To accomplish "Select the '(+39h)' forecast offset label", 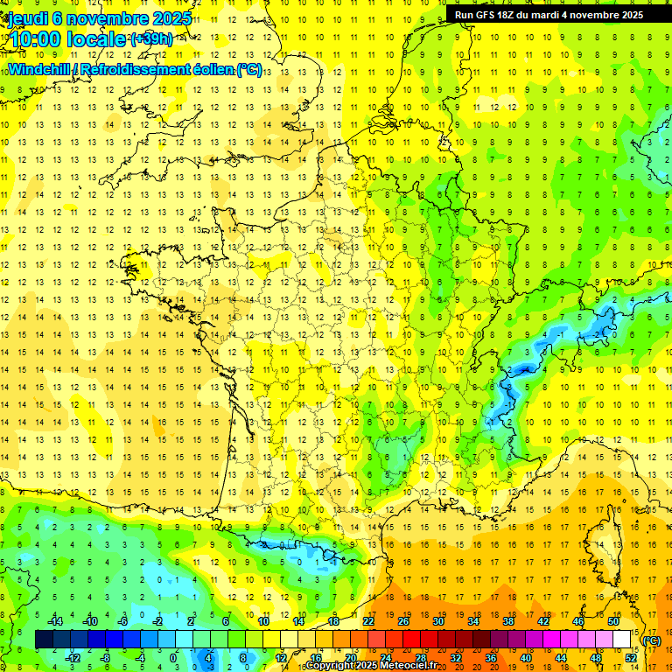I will (x=151, y=38).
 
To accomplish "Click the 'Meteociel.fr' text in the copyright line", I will (x=406, y=666).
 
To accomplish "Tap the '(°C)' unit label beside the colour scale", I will (x=652, y=640).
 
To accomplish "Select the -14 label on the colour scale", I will (x=54, y=621).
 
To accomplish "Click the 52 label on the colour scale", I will (x=631, y=658).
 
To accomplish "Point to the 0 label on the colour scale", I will (x=172, y=658).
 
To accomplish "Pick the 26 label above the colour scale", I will (x=403, y=621).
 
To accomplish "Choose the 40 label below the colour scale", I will (x=526, y=658).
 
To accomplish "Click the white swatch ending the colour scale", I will (x=622, y=640).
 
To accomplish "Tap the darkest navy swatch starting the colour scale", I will (x=44, y=640).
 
